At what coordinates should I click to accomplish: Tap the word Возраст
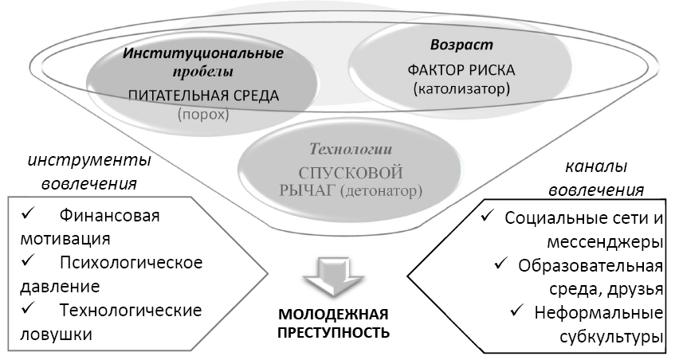(x=462, y=45)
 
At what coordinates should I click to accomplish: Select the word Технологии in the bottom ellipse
(x=351, y=149)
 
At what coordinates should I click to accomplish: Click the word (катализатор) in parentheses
(x=461, y=89)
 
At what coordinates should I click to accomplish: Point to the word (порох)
(x=202, y=115)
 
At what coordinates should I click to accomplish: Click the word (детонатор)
(x=381, y=190)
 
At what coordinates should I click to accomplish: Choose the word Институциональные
(x=203, y=53)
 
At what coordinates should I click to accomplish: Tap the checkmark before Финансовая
(x=29, y=214)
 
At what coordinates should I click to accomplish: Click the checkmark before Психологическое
(x=29, y=261)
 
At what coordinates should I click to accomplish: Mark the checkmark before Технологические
(x=29, y=308)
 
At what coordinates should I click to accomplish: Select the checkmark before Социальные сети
(x=488, y=217)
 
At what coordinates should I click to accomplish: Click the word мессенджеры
(x=605, y=243)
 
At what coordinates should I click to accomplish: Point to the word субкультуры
(x=611, y=337)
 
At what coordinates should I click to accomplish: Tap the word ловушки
(x=57, y=335)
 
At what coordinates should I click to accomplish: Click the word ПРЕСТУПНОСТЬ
(x=334, y=333)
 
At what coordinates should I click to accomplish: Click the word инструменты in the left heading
(x=89, y=161)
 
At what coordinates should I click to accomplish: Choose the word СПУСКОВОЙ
(x=351, y=173)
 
